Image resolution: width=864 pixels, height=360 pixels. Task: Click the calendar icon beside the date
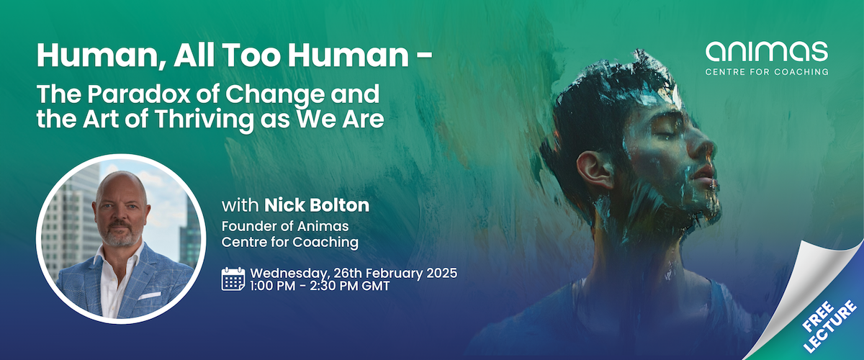233,279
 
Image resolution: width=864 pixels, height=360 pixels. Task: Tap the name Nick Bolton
317,206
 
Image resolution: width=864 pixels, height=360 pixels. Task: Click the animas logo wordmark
766,53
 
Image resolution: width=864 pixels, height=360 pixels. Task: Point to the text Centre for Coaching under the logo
766,72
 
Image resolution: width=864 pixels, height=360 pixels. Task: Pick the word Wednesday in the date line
286,274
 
